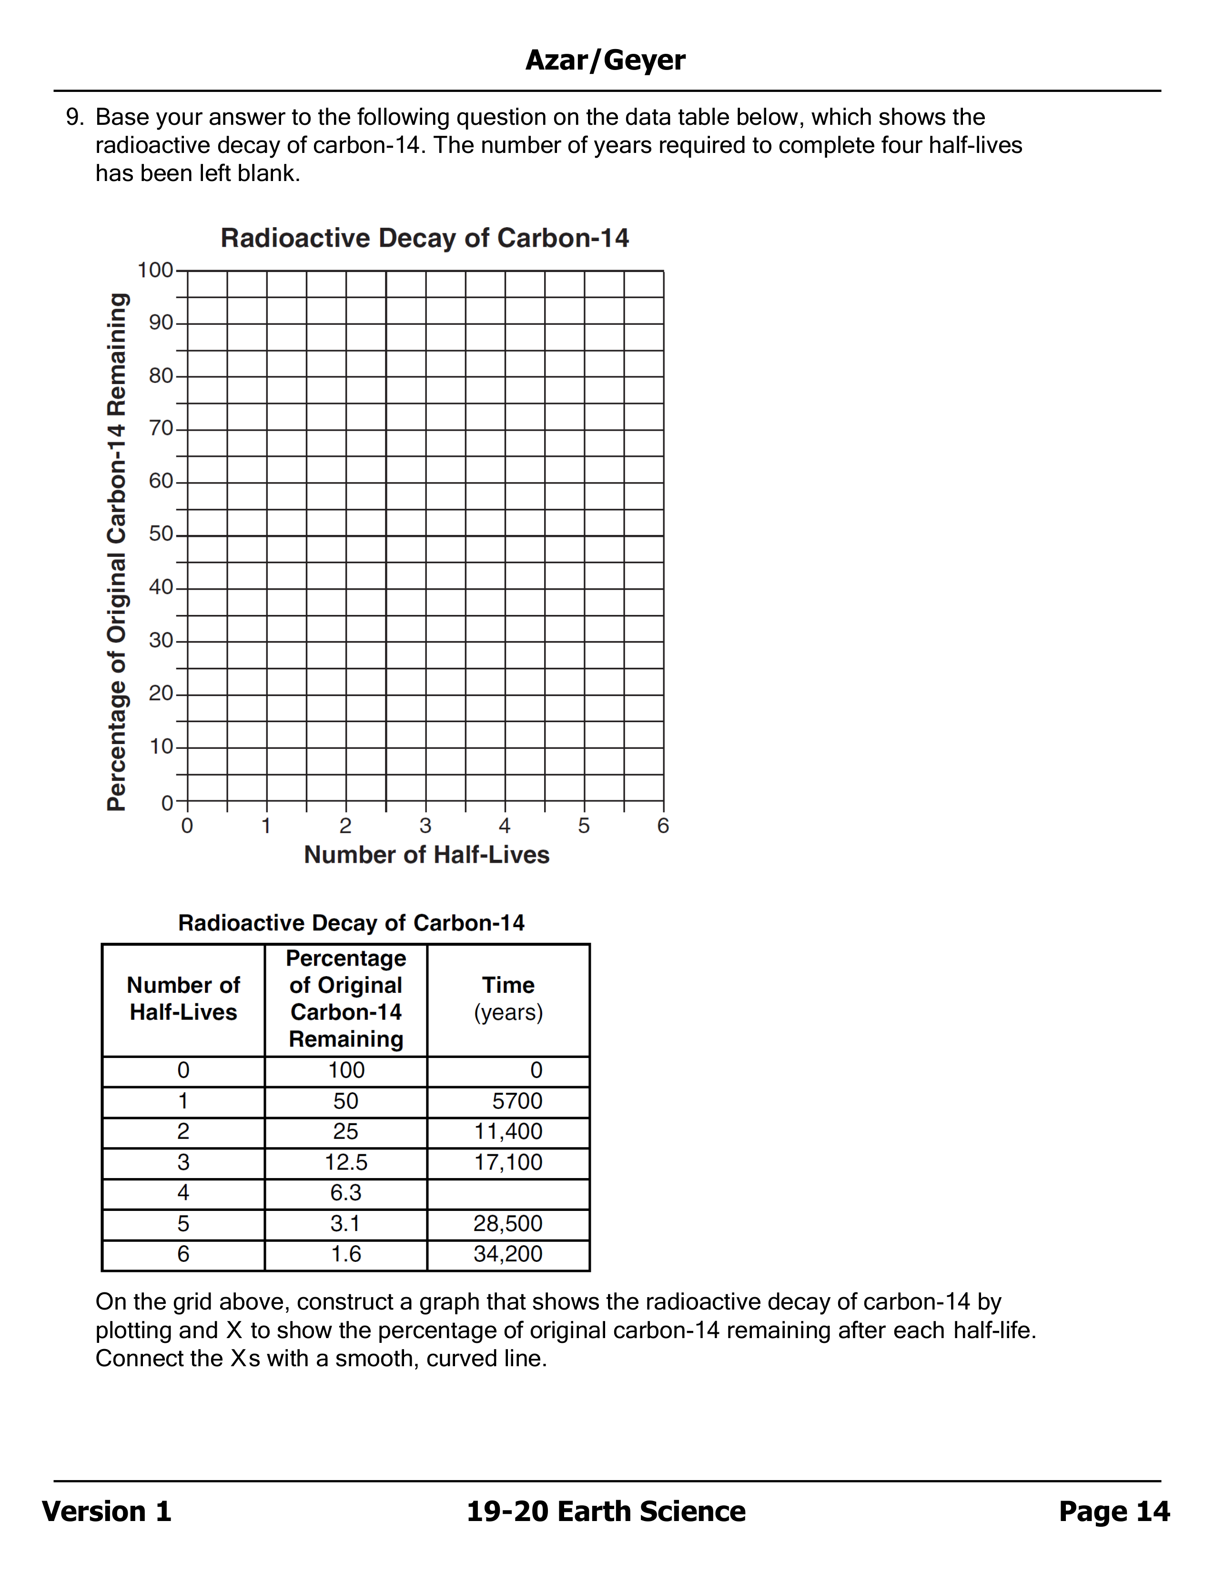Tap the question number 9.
74,117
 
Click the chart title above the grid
425,238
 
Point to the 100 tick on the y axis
155,271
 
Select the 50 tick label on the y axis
161,534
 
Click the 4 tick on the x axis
505,826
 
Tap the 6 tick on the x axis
663,826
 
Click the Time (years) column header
508,998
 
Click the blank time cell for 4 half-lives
508,1193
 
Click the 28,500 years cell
508,1224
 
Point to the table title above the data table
351,923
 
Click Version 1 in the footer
107,1512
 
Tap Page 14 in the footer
1114,1512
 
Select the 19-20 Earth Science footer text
606,1512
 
